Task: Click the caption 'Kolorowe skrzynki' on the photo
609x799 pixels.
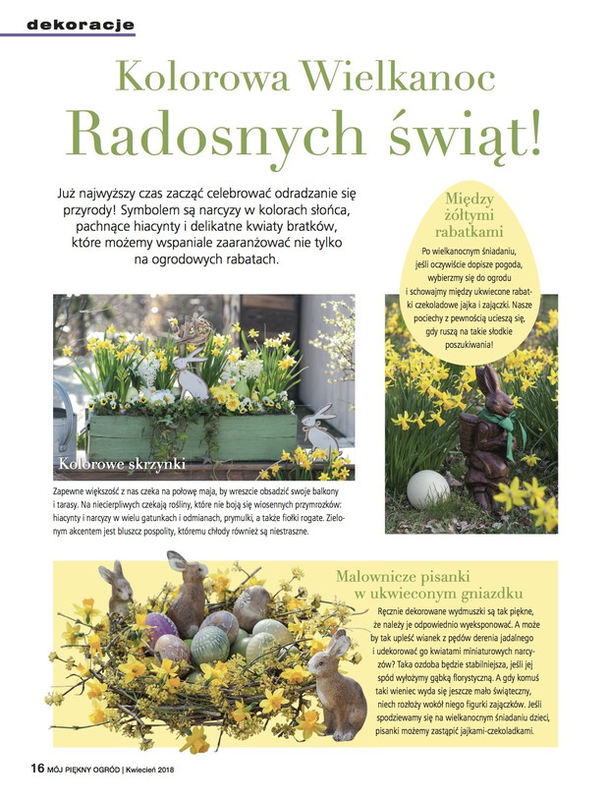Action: click(122, 462)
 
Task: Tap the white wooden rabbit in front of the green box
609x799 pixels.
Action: click(318, 433)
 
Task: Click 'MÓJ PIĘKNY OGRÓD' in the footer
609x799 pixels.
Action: click(83, 769)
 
